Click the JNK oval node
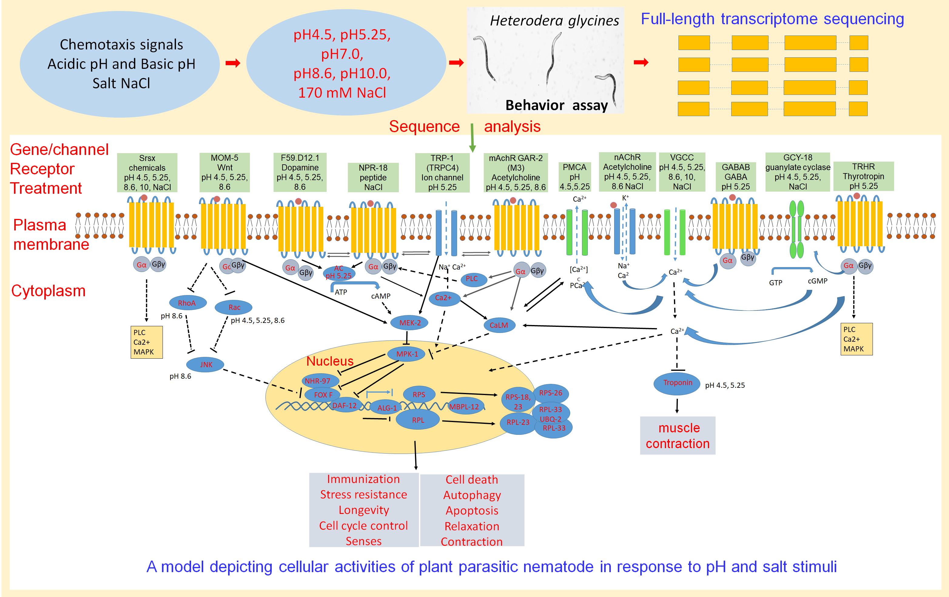pos(205,364)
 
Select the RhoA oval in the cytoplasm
pos(187,303)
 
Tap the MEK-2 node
pos(410,323)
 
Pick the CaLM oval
pos(499,325)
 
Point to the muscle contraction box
pos(678,435)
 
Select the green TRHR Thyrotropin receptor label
pos(863,176)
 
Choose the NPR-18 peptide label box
pos(373,177)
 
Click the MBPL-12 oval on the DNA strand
pos(464,407)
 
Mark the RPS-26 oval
pos(550,393)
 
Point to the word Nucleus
pos(330,361)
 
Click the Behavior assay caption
pos(557,105)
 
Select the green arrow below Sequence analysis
pos(472,138)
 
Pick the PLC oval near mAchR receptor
pos(472,279)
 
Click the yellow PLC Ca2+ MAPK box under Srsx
pos(146,342)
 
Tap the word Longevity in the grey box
pos(364,510)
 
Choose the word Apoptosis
pos(472,510)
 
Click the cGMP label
pos(817,281)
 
